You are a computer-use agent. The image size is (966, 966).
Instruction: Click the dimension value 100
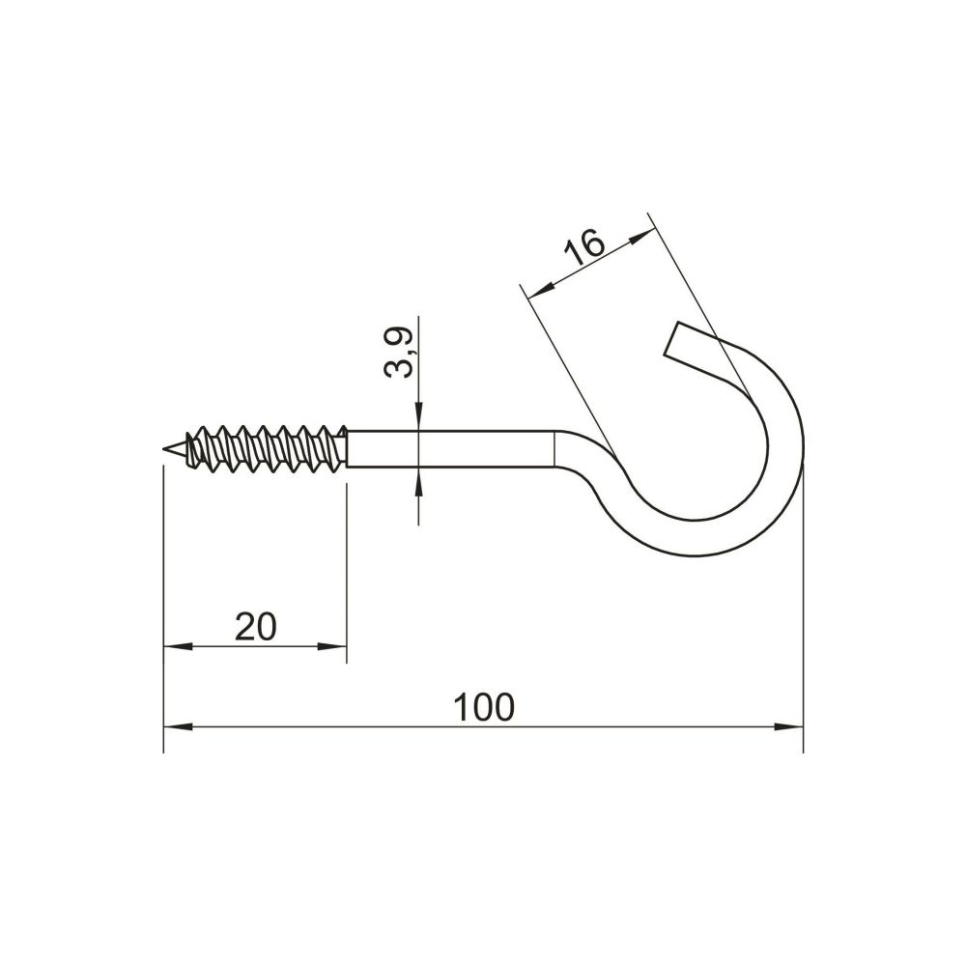pyautogui.click(x=484, y=707)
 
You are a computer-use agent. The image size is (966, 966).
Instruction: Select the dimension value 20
pyautogui.click(x=256, y=627)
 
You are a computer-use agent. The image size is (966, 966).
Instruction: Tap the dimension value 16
pyautogui.click(x=584, y=246)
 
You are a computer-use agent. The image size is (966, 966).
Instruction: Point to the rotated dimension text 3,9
pyautogui.click(x=398, y=353)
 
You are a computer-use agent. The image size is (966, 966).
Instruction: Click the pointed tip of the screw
pyautogui.click(x=164, y=450)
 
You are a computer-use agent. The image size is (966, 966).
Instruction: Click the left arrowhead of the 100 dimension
pyautogui.click(x=178, y=727)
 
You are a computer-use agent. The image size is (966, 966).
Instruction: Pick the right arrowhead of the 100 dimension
pyautogui.click(x=789, y=727)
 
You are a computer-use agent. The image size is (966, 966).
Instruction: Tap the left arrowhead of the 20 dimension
pyautogui.click(x=178, y=646)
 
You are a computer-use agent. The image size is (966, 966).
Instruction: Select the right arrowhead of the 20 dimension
pyautogui.click(x=332, y=646)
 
